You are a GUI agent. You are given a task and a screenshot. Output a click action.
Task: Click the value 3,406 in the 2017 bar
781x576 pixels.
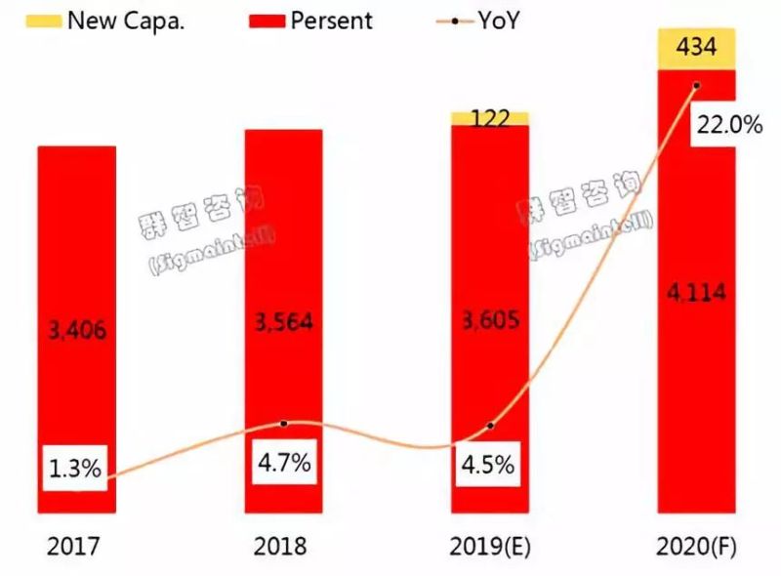click(77, 331)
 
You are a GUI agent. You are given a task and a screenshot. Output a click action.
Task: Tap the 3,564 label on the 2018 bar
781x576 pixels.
click(282, 322)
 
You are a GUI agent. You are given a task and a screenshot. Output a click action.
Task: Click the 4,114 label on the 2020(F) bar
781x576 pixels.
click(697, 292)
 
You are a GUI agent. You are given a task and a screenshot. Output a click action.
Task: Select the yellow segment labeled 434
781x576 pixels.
click(696, 50)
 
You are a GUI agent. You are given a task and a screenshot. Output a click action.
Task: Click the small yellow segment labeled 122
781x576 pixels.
click(490, 118)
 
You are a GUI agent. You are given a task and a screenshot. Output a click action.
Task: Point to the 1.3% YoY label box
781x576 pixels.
click(74, 469)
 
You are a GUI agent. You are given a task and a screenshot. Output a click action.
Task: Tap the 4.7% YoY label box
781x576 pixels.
click(283, 463)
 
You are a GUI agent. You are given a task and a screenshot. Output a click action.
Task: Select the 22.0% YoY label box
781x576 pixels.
click(725, 126)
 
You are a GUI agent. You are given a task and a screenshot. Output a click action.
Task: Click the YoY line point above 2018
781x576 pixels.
click(283, 424)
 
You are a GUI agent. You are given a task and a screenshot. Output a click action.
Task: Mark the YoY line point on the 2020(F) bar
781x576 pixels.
click(696, 86)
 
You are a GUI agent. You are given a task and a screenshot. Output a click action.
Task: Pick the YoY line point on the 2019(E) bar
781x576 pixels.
click(490, 426)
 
